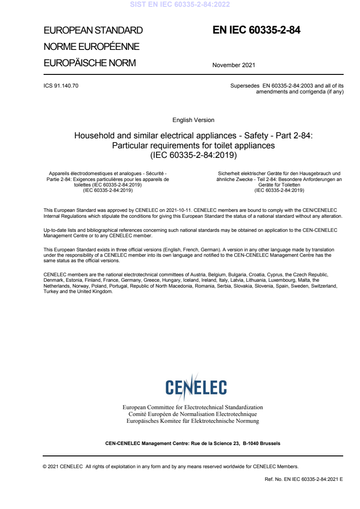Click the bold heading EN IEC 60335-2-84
point(256,30)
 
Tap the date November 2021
point(233,65)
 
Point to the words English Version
point(193,120)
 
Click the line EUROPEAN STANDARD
point(93,31)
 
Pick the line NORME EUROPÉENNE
point(91,47)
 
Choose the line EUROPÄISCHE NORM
point(89,63)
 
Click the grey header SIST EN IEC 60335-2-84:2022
point(180,5)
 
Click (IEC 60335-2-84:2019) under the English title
point(193,155)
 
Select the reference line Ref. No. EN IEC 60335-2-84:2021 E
point(304,479)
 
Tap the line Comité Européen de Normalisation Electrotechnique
point(193,414)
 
